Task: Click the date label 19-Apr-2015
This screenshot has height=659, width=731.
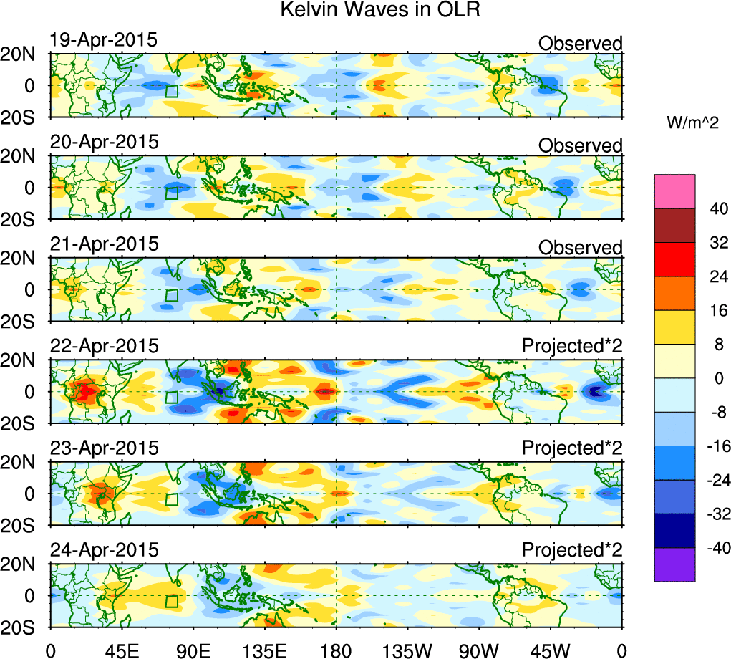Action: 103,40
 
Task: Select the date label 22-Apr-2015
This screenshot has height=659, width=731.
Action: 103,346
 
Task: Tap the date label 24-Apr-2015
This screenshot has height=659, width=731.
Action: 103,550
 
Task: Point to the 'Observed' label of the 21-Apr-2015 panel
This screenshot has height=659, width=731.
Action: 580,248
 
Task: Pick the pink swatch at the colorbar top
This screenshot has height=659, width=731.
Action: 674,191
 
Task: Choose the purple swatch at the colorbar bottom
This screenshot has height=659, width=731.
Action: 674,564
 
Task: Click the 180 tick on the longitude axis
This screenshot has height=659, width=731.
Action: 336,649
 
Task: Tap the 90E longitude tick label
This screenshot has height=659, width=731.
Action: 192,649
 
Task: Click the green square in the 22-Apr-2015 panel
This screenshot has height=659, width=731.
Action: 171,398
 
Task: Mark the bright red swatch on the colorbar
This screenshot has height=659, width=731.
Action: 674,259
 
